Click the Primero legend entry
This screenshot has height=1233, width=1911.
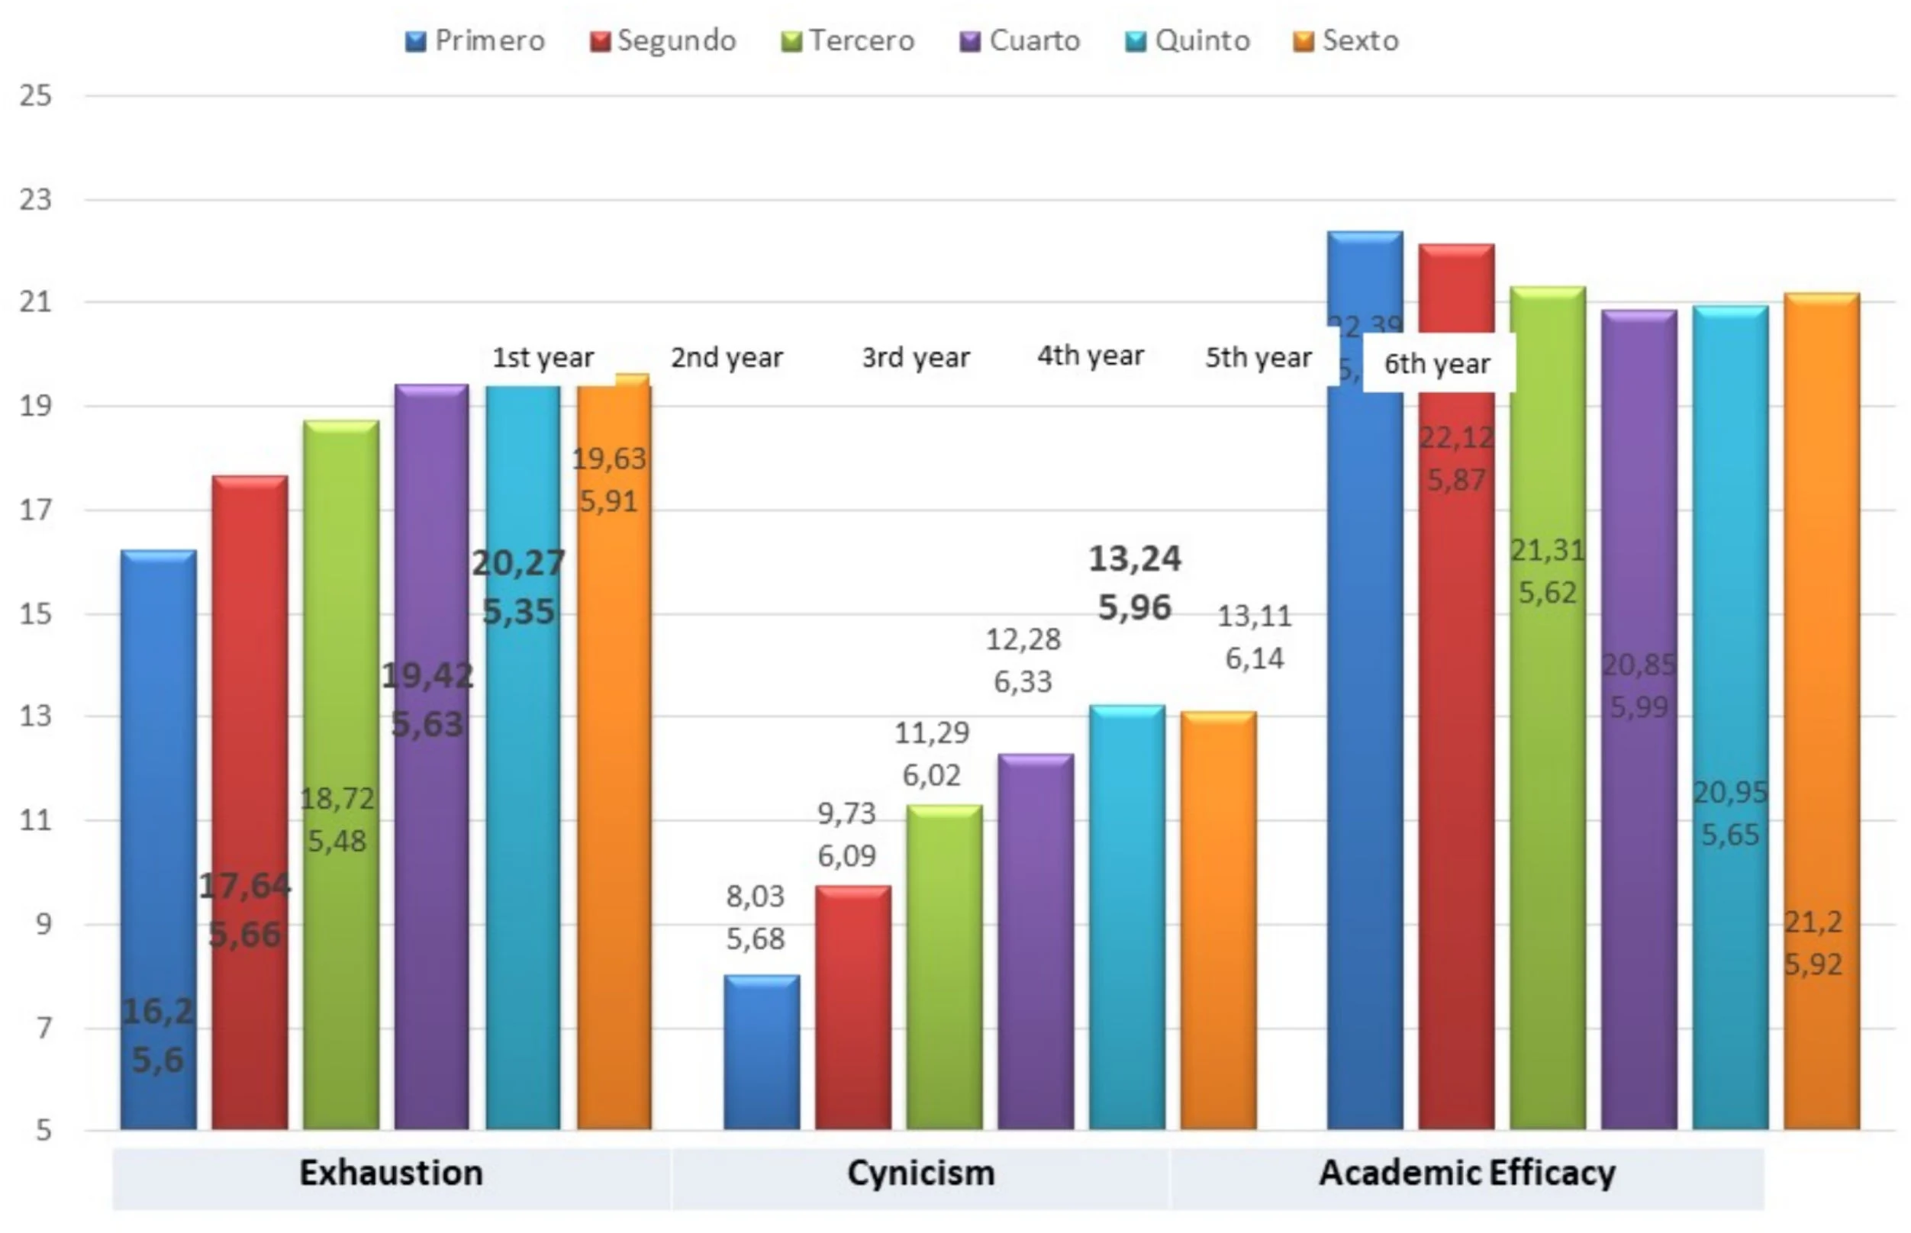(475, 41)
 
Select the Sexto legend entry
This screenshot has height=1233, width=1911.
(1346, 41)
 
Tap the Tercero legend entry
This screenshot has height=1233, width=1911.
(849, 41)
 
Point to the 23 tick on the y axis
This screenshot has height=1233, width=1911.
(36, 199)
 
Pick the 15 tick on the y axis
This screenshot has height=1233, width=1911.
(36, 614)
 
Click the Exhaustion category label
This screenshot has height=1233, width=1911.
(391, 1173)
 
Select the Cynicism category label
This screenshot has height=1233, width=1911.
(920, 1173)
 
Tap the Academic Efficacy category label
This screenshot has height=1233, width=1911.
(1467, 1173)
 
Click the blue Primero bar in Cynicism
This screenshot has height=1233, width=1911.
(762, 1052)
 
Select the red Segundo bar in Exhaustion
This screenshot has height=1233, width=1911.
(250, 800)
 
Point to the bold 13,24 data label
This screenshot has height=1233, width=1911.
(1134, 559)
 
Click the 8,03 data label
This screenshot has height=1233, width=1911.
(755, 896)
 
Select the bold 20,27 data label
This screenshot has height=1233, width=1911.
(519, 563)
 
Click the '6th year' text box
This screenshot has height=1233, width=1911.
(1438, 363)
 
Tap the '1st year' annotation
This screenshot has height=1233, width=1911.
(543, 357)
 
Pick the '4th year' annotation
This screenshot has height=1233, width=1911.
(1091, 356)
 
